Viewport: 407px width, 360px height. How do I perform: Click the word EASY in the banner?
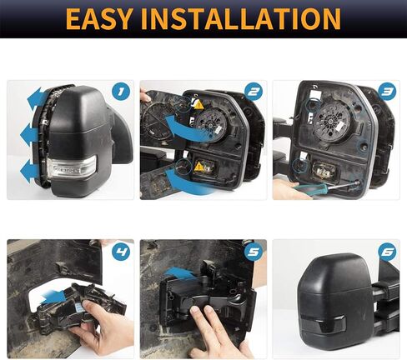point(98,19)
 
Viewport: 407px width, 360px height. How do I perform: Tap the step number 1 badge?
point(121,92)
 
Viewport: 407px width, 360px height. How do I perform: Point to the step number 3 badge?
point(387,92)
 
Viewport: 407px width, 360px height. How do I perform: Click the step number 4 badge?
point(121,252)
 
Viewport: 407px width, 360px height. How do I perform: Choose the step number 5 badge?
point(254,252)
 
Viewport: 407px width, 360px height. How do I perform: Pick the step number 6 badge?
point(387,252)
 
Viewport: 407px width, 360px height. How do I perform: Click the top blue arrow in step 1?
point(38,96)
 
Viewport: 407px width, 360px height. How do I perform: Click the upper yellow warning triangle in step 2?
point(198,105)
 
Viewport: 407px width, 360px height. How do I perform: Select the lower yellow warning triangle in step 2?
point(198,167)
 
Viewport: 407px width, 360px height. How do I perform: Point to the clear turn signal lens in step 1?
point(73,167)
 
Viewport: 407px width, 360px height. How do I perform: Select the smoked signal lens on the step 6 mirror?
point(324,323)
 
